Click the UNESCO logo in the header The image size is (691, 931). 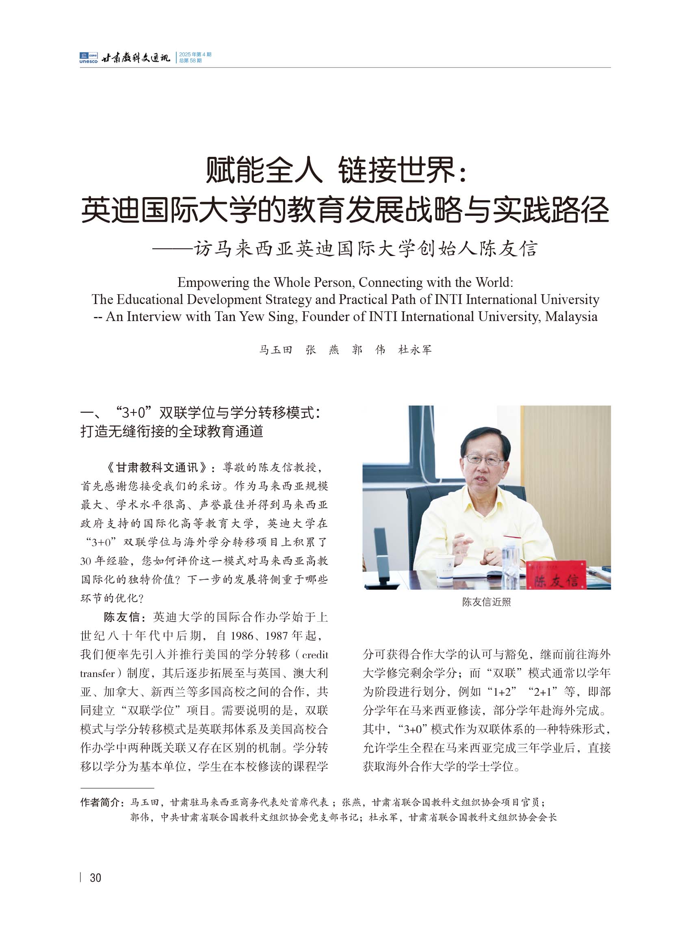tap(88, 58)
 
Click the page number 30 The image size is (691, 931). tap(95, 877)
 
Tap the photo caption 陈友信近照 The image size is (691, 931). tap(486, 602)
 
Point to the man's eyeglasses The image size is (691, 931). tap(483, 460)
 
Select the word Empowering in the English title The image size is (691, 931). tap(213, 282)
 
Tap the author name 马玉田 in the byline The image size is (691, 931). tap(275, 350)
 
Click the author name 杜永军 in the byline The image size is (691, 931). tap(414, 350)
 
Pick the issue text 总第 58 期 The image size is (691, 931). tap(190, 61)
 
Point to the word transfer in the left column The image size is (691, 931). tap(97, 673)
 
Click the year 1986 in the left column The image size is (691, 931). tap(242, 636)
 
